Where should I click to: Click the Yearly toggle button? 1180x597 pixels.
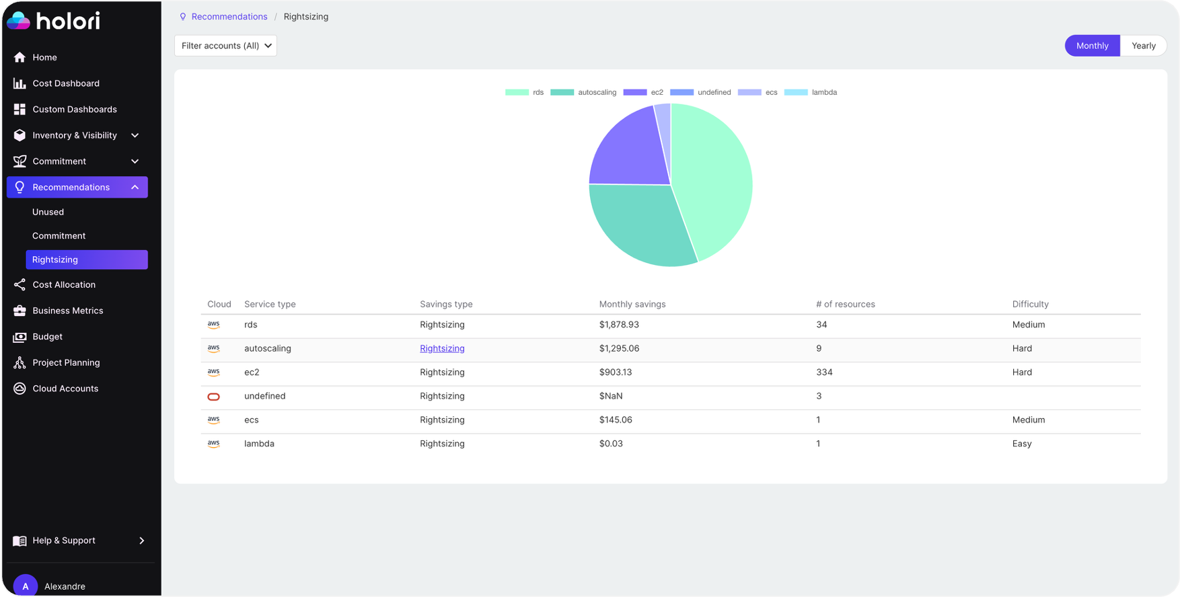coord(1143,46)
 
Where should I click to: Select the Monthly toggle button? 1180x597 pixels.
coord(1092,46)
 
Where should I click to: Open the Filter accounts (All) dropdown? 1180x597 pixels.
coord(225,46)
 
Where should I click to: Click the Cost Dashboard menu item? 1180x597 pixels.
coord(66,83)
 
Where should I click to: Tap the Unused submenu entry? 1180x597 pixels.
coord(48,212)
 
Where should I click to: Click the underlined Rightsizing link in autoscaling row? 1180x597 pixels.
coord(442,348)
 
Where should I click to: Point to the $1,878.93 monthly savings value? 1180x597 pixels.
coord(619,325)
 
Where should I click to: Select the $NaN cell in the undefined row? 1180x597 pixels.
coord(611,396)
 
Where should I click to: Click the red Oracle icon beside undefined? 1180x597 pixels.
coord(213,397)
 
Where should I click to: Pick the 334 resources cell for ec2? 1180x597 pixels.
coord(824,372)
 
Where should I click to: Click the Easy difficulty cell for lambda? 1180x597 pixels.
coord(1021,444)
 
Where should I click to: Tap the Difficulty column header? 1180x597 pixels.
coord(1030,304)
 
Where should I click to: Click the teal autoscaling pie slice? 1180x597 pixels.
coord(639,222)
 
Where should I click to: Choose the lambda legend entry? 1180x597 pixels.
coord(811,92)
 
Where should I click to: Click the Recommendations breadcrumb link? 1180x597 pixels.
coord(229,17)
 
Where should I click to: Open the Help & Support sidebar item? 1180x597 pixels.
coord(64,541)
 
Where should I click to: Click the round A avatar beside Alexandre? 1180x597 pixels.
coord(26,586)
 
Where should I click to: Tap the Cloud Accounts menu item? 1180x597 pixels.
coord(65,389)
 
